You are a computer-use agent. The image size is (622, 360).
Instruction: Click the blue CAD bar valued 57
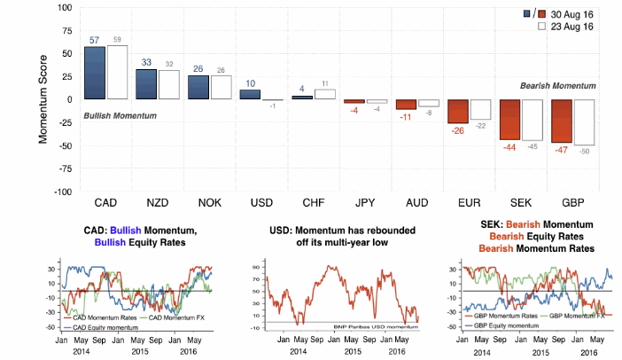[95, 73]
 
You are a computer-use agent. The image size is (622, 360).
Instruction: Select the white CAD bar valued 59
[117, 72]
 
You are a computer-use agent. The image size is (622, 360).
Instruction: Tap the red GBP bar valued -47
[562, 121]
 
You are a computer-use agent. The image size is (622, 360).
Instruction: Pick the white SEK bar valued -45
[533, 120]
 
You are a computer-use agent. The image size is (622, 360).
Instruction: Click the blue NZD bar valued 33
[146, 84]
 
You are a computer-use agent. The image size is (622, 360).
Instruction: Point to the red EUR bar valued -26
[457, 111]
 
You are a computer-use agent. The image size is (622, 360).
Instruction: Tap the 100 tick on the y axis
[63, 7]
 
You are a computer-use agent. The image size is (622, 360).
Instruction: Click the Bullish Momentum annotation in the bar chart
[121, 116]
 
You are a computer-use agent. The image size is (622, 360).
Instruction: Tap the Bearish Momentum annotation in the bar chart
[556, 85]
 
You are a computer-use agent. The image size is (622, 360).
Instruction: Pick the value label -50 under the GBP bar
[584, 153]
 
